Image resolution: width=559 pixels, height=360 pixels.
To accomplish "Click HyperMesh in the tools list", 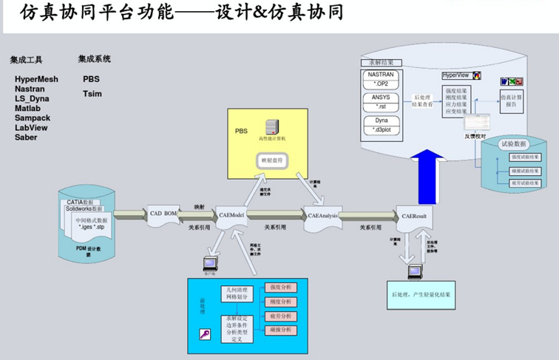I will pyautogui.click(x=36, y=79).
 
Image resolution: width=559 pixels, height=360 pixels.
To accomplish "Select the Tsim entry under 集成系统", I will pyautogui.click(x=92, y=94).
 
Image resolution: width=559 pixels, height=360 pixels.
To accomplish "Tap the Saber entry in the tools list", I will pyautogui.click(x=26, y=137).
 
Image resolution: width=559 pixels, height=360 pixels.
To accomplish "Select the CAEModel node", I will pyautogui.click(x=232, y=215).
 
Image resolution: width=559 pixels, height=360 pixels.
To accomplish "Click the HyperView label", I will pyautogui.click(x=457, y=76).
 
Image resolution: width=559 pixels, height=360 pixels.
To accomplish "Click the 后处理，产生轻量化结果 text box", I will pyautogui.click(x=421, y=294).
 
